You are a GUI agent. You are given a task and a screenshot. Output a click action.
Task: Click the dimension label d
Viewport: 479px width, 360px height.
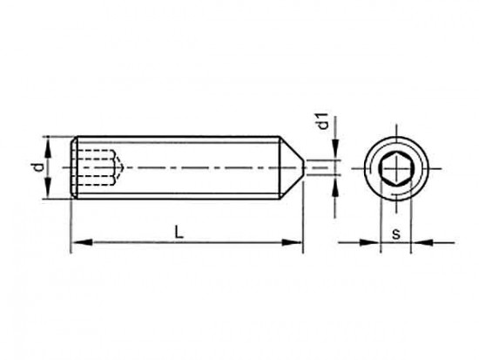click(38, 167)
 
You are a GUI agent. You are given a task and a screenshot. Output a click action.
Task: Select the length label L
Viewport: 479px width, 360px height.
click(179, 232)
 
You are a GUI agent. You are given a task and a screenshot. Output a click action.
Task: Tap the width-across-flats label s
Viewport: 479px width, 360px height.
click(396, 234)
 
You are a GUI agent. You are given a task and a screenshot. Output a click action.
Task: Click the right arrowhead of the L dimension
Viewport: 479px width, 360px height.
click(292, 242)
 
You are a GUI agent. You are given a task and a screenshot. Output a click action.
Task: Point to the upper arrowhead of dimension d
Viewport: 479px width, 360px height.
click(48, 146)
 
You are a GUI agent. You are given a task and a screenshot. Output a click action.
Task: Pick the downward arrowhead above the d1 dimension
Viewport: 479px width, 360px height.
click(335, 149)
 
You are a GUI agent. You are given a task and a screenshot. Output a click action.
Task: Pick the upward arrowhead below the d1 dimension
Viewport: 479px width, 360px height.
click(335, 186)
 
